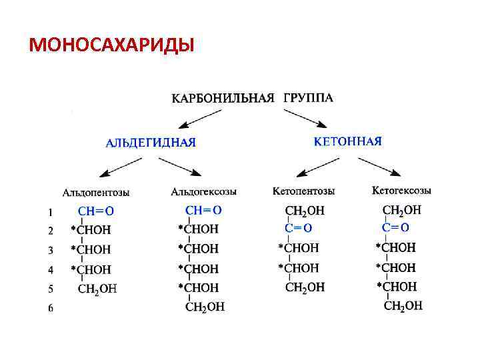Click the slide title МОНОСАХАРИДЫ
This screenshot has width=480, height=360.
click(x=111, y=45)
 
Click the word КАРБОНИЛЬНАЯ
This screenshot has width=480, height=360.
click(x=223, y=99)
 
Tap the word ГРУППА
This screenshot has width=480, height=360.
click(x=308, y=98)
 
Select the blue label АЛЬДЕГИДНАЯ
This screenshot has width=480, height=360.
click(x=151, y=142)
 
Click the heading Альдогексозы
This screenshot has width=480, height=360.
click(x=203, y=192)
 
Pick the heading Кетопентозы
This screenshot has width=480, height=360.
click(x=303, y=191)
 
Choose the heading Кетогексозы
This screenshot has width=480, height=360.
click(x=401, y=191)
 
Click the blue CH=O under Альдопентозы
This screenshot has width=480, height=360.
click(x=96, y=211)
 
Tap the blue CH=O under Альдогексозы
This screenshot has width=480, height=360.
click(x=203, y=210)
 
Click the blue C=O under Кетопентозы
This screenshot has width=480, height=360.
click(x=299, y=228)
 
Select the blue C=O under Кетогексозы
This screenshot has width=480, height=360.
click(x=395, y=227)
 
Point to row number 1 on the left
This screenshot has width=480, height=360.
click(x=51, y=213)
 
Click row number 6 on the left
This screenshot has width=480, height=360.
click(x=51, y=308)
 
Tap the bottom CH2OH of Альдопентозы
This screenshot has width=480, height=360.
click(x=97, y=289)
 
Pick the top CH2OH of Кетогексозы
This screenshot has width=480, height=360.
click(x=402, y=210)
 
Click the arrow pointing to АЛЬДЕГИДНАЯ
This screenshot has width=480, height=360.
click(x=201, y=118)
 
